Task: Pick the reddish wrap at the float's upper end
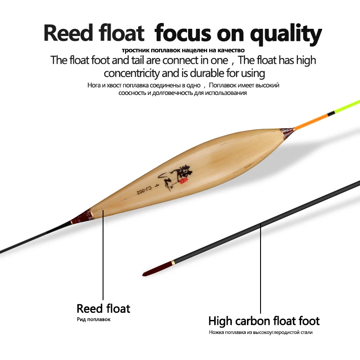pos(287,132)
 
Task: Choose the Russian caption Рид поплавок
pos(93,319)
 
